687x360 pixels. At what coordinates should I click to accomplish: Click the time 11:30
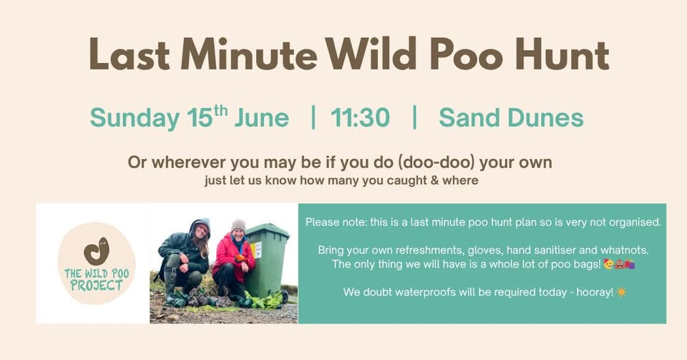click(361, 117)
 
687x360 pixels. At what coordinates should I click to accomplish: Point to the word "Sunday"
click(134, 118)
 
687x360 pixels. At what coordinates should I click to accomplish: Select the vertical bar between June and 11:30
click(313, 117)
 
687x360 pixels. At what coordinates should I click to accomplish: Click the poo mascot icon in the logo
click(96, 251)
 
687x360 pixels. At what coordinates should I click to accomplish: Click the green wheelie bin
click(268, 258)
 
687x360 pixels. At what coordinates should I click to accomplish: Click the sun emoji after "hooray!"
click(621, 293)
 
